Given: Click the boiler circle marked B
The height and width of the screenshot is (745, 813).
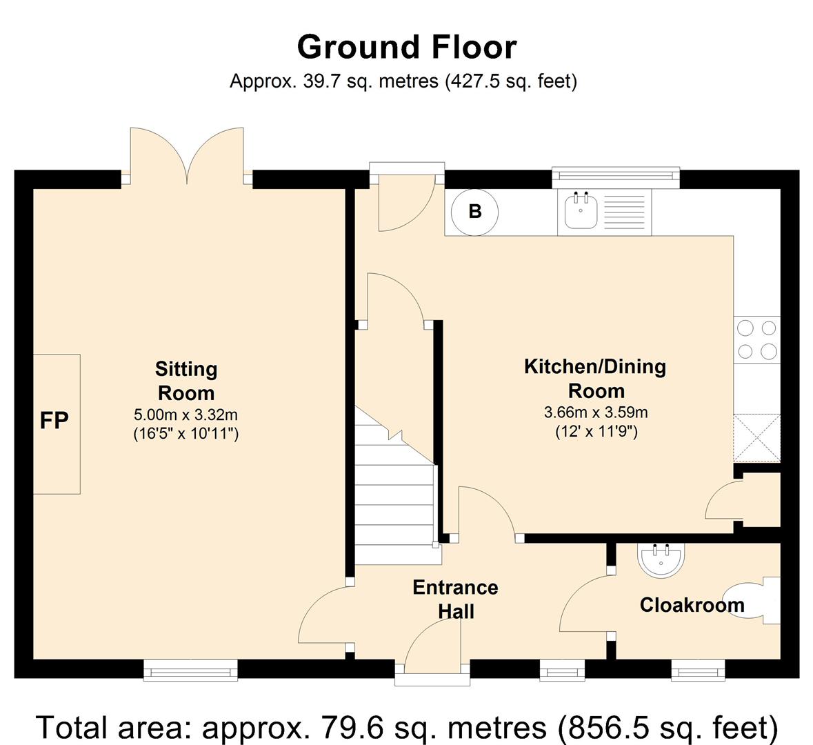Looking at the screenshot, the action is (474, 212).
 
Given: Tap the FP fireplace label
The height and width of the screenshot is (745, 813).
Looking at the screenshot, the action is (54, 420).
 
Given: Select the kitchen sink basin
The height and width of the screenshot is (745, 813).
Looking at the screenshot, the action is (581, 210).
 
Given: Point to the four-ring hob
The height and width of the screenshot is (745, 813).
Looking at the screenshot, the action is (757, 339).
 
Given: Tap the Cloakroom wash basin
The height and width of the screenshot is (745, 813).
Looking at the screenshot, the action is (661, 560).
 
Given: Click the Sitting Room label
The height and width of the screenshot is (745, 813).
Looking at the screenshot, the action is (186, 381).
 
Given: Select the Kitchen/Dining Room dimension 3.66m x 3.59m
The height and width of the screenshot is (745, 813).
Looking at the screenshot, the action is (596, 413).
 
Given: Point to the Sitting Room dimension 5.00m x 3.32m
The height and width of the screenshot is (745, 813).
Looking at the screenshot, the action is (185, 415).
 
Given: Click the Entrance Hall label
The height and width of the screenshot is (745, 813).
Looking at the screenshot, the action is (455, 599).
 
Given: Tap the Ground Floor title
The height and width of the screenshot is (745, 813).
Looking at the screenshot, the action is (407, 47).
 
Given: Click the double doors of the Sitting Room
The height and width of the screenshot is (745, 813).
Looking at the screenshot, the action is (187, 156).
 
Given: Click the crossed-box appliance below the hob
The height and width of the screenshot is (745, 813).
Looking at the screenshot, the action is (757, 438).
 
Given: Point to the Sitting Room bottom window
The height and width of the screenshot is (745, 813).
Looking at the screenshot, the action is (190, 670).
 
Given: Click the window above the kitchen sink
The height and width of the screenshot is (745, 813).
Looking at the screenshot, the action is (616, 177).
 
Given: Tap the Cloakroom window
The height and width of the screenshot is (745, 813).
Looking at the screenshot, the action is (698, 670).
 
